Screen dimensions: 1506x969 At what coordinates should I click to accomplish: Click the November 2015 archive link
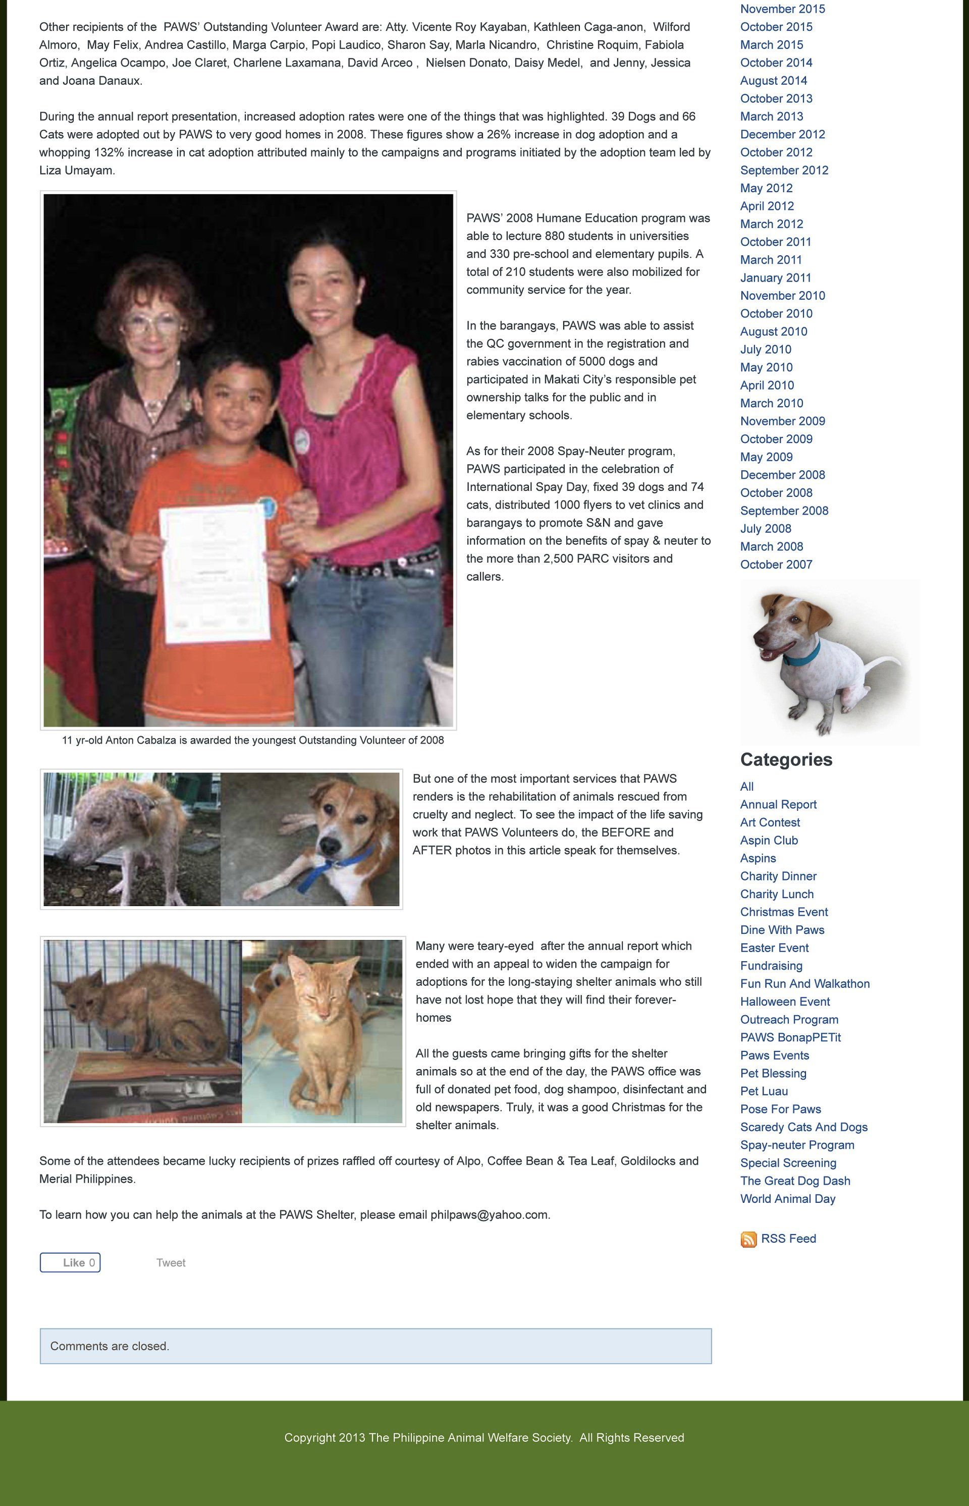point(782,9)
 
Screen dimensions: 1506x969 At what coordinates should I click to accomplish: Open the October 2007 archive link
point(776,564)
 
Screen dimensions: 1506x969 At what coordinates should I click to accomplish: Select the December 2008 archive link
point(782,475)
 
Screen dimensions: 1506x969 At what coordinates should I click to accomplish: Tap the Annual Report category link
point(778,805)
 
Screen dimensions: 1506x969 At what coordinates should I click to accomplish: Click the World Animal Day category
point(788,1198)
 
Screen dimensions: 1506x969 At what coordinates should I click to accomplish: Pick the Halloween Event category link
point(785,1001)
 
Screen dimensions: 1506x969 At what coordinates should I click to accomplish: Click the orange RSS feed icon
point(748,1239)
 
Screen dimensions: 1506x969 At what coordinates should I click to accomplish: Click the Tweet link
point(171,1262)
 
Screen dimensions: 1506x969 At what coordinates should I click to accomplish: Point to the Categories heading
point(786,760)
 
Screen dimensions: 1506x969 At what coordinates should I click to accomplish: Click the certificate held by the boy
point(214,573)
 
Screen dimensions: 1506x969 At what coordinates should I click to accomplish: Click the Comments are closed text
point(110,1346)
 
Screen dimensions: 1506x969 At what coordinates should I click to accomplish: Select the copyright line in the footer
point(484,1437)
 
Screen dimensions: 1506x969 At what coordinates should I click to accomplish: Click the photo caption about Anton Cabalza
point(252,741)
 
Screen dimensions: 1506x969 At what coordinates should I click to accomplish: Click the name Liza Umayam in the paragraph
point(76,171)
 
